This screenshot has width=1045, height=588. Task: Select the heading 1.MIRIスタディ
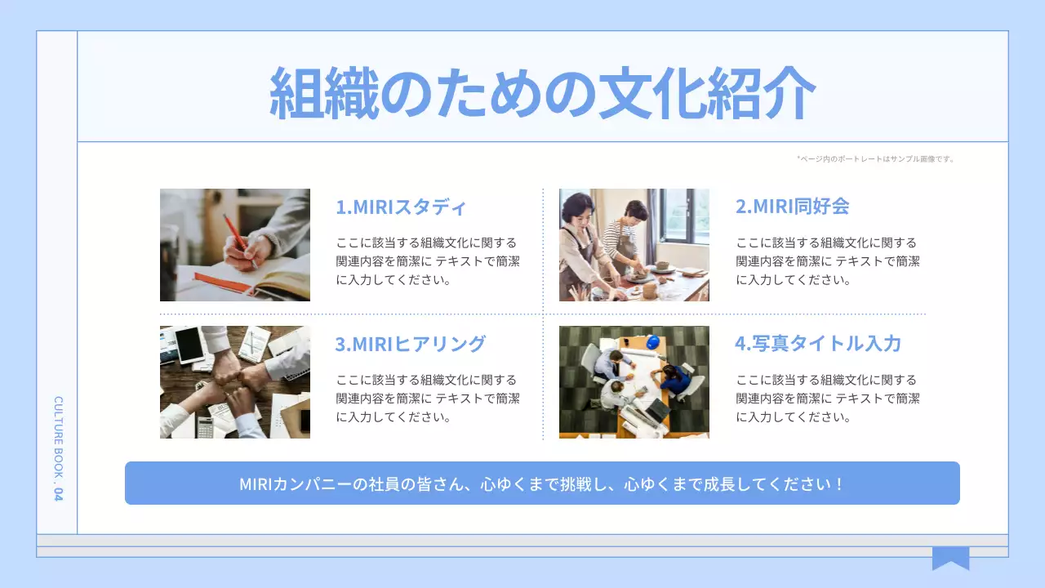(x=401, y=207)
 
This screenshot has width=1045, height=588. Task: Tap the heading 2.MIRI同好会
(x=792, y=207)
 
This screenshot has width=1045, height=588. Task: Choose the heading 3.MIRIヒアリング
(x=410, y=344)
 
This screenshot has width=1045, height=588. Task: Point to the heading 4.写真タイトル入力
(x=818, y=344)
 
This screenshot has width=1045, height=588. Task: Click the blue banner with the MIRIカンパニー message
(x=542, y=483)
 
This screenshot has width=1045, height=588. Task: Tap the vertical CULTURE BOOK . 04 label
(x=58, y=448)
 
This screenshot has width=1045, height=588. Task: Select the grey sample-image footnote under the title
(x=875, y=158)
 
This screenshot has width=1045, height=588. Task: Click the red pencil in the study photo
(x=236, y=233)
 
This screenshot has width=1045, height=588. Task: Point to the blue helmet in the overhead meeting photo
(x=652, y=342)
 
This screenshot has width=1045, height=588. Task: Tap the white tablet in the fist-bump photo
(x=189, y=345)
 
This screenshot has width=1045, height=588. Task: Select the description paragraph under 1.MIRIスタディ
(x=428, y=261)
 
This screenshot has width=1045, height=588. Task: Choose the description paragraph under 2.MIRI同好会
(x=828, y=261)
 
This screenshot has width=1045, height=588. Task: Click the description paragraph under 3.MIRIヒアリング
(x=428, y=399)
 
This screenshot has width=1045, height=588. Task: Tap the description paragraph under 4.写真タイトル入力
(x=828, y=399)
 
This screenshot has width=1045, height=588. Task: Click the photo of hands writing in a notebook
(x=235, y=245)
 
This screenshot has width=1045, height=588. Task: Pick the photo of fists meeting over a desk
(x=235, y=382)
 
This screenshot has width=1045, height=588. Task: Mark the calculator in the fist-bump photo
(x=204, y=426)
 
